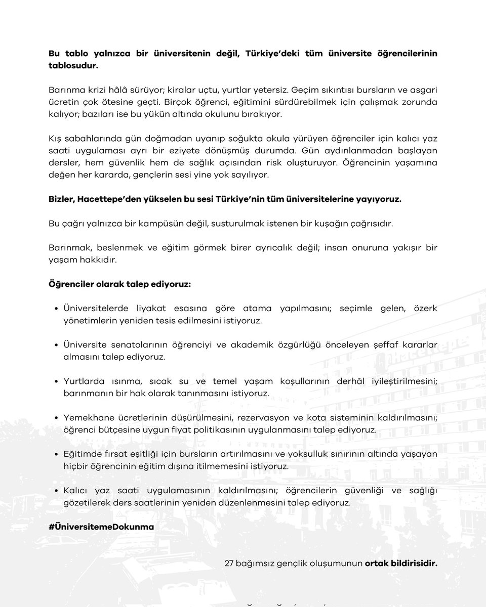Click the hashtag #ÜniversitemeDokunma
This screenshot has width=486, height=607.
pyautogui.click(x=101, y=527)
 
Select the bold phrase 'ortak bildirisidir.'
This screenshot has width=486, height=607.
pyautogui.click(x=401, y=562)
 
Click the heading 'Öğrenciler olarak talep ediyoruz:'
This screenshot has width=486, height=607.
pyautogui.click(x=119, y=284)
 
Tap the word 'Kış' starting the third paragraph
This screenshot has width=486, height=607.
pyautogui.click(x=56, y=139)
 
